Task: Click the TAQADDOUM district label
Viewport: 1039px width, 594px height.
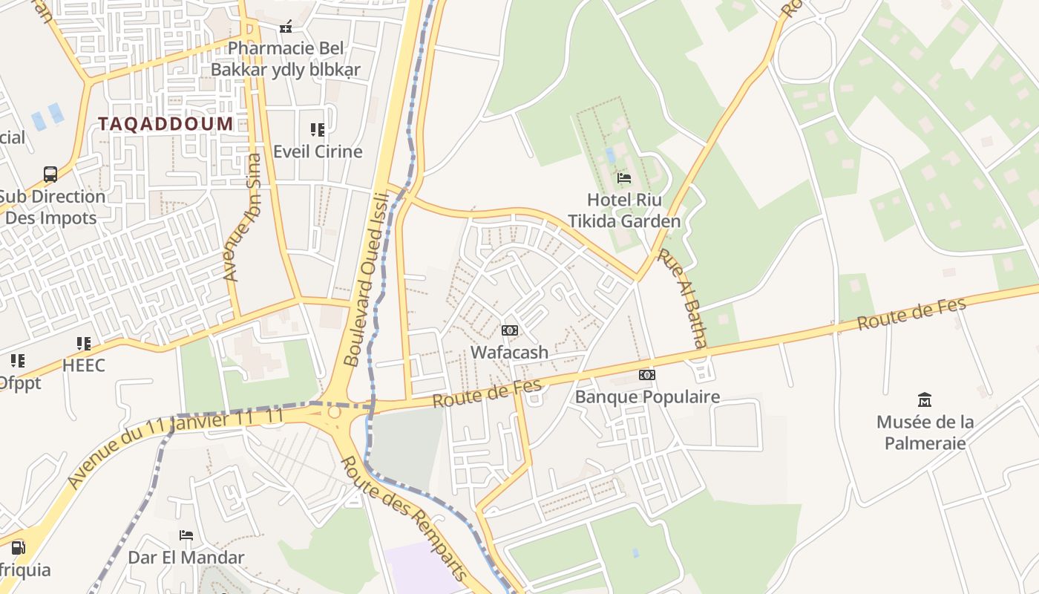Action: click(165, 124)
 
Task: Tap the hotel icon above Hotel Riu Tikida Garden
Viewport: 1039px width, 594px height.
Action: click(624, 178)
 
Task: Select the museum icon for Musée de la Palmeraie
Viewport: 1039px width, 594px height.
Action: click(925, 400)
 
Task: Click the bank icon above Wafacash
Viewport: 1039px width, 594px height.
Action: click(510, 330)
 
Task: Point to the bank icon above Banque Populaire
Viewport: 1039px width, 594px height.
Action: click(647, 375)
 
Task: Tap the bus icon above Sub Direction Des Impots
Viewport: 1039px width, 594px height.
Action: click(50, 174)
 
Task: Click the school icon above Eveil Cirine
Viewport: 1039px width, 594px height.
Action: click(318, 130)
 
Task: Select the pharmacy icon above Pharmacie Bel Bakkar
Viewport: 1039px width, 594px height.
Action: click(286, 27)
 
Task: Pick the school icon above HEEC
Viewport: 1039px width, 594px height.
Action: click(83, 343)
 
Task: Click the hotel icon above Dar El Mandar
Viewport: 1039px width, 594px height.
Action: click(186, 535)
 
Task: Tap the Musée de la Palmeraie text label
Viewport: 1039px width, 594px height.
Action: click(925, 432)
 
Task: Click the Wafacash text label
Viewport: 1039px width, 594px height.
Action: click(509, 353)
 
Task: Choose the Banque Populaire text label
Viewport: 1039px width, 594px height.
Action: click(647, 396)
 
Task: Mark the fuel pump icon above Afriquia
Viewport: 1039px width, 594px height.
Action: click(18, 548)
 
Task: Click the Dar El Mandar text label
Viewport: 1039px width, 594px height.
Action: click(186, 557)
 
